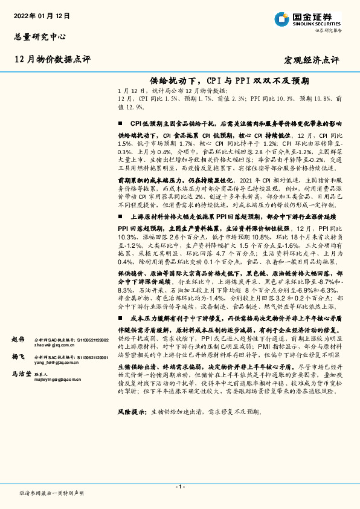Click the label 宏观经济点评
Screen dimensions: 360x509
point(312,60)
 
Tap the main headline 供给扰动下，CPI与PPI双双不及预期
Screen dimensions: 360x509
point(229,80)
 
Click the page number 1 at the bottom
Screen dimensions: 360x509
point(180,487)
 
